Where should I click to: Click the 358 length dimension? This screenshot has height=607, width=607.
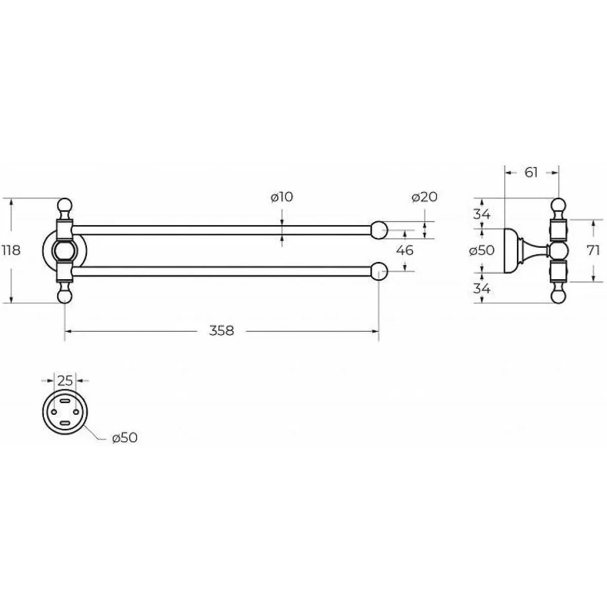click(x=222, y=331)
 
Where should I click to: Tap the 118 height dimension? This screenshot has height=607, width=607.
click(x=11, y=250)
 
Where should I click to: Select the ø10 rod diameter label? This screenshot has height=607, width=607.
click(x=282, y=197)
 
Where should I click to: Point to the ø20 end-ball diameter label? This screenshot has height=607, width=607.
click(x=424, y=197)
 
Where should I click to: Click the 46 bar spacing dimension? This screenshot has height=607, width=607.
click(x=405, y=250)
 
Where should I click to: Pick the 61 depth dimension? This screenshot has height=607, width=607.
click(x=531, y=172)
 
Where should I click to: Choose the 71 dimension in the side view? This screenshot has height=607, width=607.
click(x=593, y=250)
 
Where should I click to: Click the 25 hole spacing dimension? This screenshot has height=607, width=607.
click(x=66, y=381)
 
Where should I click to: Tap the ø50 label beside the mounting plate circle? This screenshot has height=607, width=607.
click(x=125, y=438)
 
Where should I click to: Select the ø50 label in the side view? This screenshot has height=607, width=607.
click(x=482, y=250)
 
